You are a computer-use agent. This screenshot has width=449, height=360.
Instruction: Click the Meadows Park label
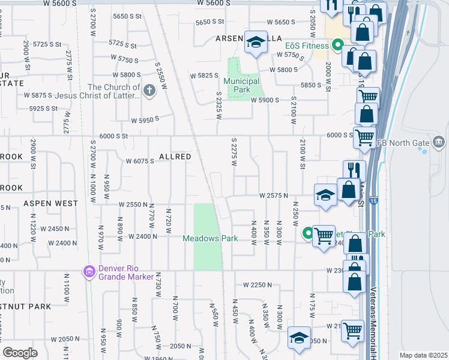pos(210,238)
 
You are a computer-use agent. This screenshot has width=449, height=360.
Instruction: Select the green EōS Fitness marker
pos(337,46)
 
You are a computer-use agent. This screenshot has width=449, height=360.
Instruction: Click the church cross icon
pos(149,91)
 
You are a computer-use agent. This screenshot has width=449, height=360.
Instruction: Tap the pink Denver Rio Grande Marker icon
pos(89,272)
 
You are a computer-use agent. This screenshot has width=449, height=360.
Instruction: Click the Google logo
pos(20,352)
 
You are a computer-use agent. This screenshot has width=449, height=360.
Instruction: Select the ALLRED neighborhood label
pos(175,157)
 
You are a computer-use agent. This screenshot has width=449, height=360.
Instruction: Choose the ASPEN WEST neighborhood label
pos(50,203)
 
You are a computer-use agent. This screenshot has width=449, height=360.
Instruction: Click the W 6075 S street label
pos(140,161)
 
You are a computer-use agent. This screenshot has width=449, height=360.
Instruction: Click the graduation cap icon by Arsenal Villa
pos(256,42)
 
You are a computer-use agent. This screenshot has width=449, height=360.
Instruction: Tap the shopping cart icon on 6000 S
pos(364,137)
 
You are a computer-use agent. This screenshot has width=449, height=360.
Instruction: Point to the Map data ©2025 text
pos(423,355)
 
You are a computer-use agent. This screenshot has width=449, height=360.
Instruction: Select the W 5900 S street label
pos(265,100)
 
